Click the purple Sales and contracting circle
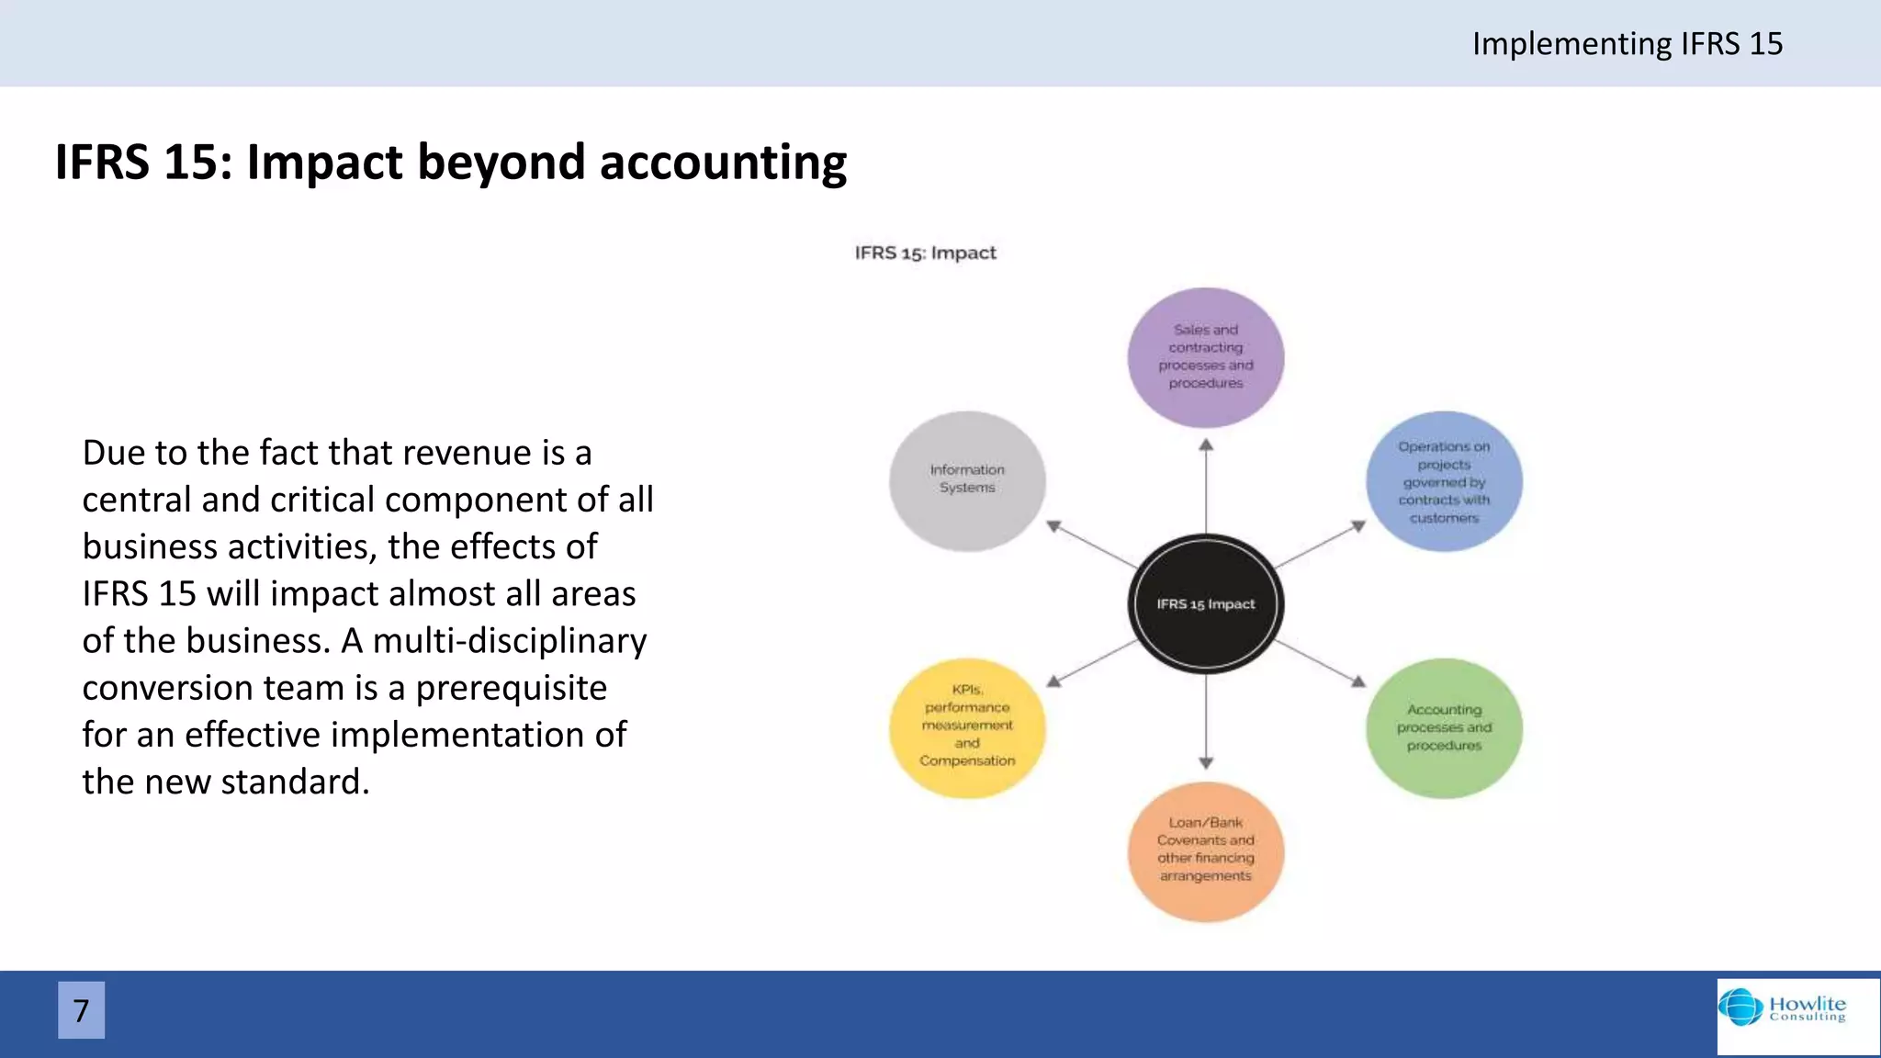pos(1205,357)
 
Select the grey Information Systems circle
pos(967,480)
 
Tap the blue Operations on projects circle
pos(1444,481)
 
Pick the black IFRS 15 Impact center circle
pos(1205,603)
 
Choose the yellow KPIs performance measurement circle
pos(967,727)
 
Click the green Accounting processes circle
pos(1444,727)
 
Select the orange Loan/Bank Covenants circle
pos(1205,850)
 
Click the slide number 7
pos(81,1010)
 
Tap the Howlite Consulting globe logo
pos(1740,1007)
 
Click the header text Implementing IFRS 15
pos(1627,43)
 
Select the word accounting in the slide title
pos(723,163)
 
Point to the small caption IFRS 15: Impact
pos(925,253)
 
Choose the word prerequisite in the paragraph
pos(511,687)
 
